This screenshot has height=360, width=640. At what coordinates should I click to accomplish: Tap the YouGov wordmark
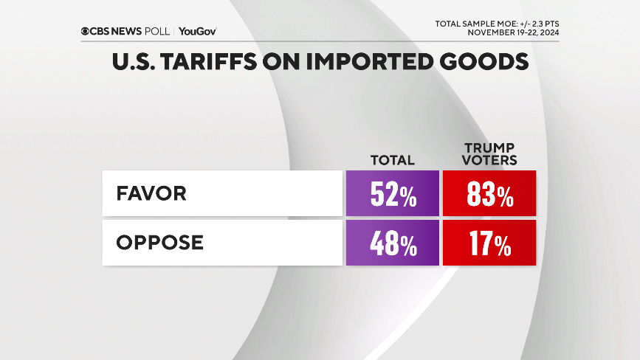tap(197, 31)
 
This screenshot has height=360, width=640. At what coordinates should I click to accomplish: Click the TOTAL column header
tap(393, 160)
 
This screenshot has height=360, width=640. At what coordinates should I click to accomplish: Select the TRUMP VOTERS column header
tap(489, 153)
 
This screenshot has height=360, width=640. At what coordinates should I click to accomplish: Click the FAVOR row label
tap(151, 194)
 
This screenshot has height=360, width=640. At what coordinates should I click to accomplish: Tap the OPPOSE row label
tap(159, 243)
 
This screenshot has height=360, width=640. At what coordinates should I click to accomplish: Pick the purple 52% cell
tap(392, 194)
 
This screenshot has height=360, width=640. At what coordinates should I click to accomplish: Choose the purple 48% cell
tap(392, 243)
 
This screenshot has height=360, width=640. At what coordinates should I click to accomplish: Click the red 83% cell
tap(489, 194)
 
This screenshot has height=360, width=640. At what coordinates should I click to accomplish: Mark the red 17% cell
tap(489, 243)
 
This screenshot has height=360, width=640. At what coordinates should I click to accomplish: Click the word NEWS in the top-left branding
tap(130, 31)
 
